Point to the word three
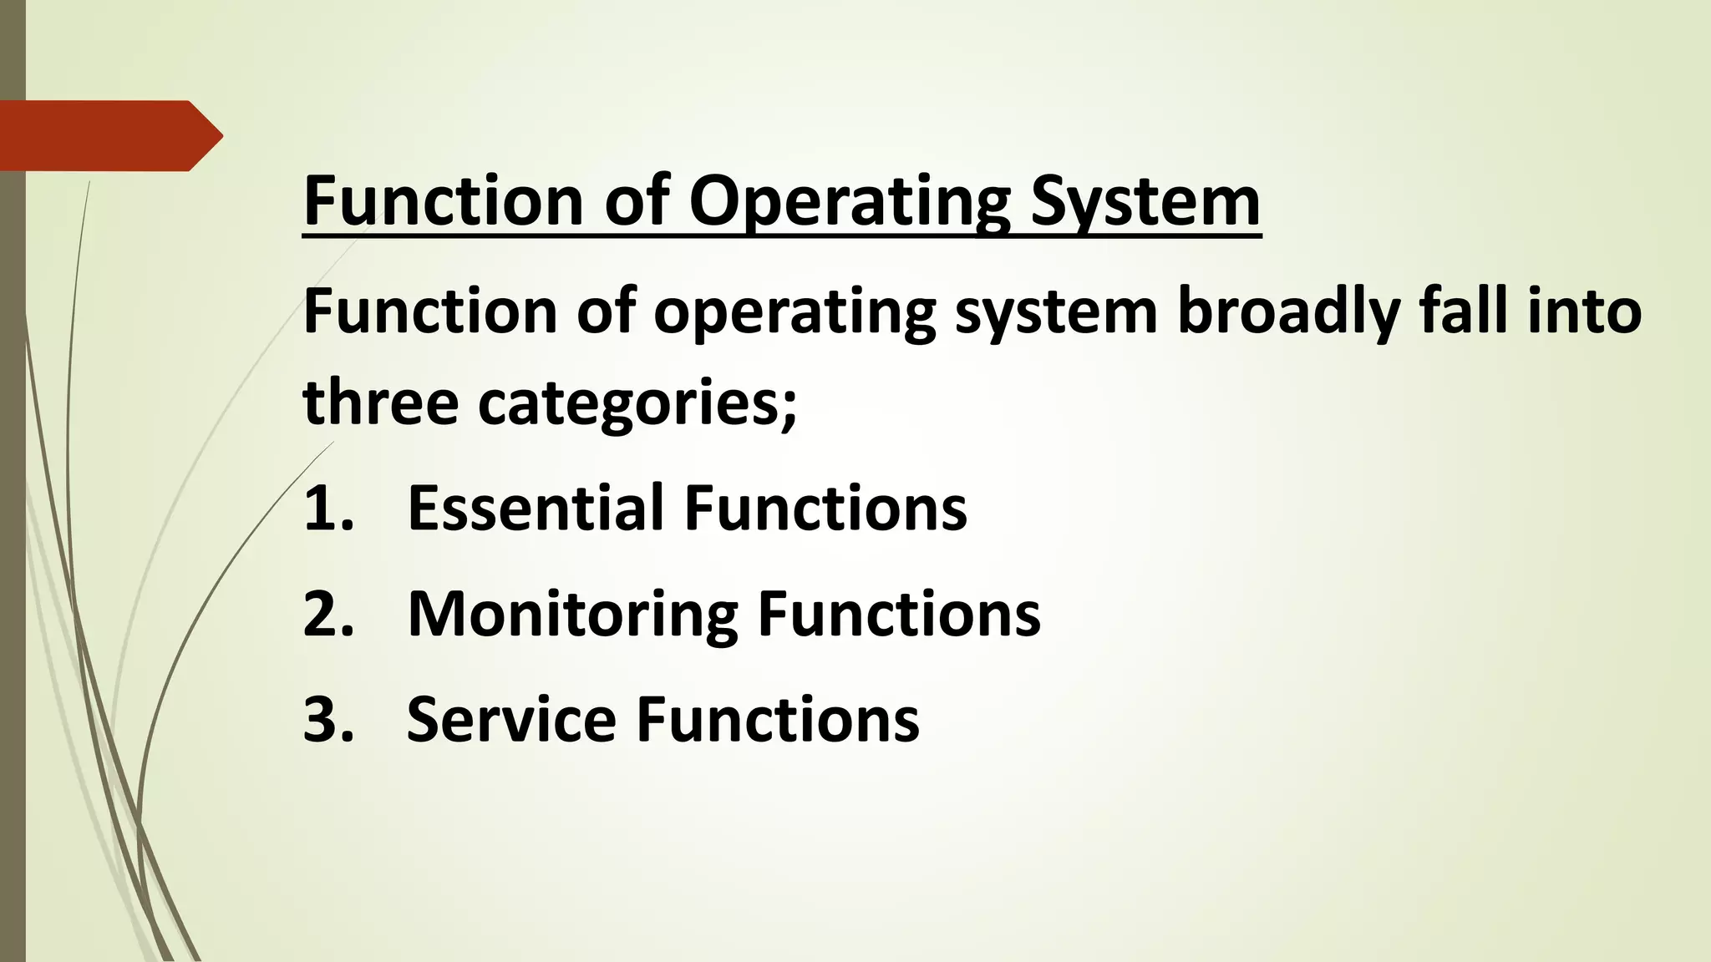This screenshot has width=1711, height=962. coord(381,402)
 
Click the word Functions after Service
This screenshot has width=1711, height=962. coord(778,719)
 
